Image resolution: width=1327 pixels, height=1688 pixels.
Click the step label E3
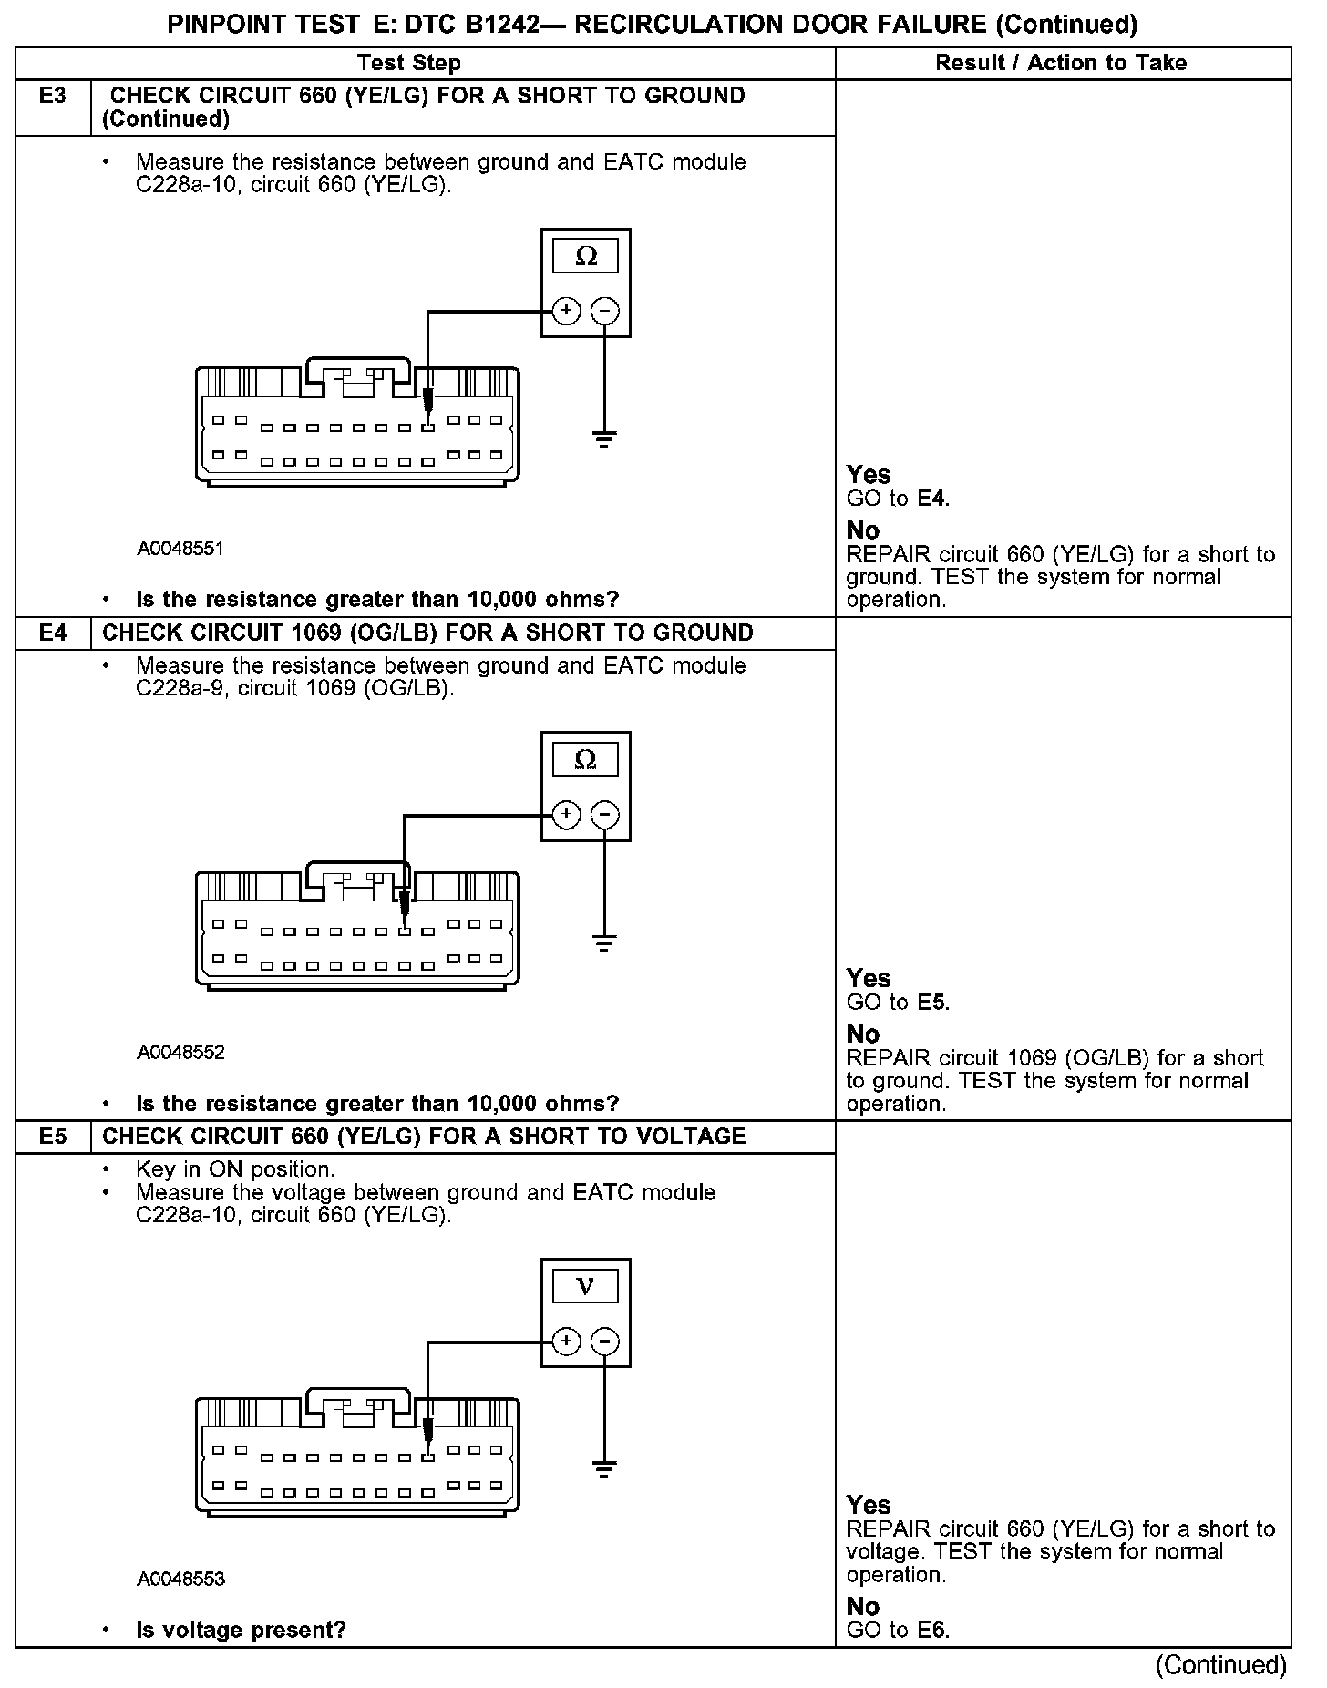click(53, 96)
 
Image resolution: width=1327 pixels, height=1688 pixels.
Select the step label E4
click(53, 633)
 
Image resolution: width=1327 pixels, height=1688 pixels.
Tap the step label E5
click(53, 1137)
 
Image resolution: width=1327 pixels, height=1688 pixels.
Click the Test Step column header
click(409, 63)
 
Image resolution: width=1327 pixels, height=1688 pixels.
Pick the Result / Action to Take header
click(1061, 63)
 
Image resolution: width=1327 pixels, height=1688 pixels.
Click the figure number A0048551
click(180, 549)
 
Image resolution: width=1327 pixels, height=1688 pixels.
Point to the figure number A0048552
click(180, 1053)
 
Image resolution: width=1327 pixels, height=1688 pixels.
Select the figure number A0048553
click(180, 1580)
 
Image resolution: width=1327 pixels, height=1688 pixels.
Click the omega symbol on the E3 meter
click(586, 257)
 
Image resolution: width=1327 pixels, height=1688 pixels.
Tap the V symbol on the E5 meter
click(586, 1287)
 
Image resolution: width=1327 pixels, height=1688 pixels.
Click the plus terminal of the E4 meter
click(566, 815)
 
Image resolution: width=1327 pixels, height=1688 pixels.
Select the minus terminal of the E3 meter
click(604, 312)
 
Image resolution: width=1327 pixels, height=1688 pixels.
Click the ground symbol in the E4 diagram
click(603, 942)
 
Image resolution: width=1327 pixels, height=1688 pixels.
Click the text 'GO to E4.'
click(898, 499)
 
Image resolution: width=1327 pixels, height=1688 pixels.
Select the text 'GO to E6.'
click(898, 1631)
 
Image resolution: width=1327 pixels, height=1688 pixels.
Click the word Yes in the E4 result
click(868, 978)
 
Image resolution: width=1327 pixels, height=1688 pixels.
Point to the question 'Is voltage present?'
click(241, 1630)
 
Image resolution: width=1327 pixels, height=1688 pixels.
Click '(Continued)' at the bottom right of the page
click(1220, 1665)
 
